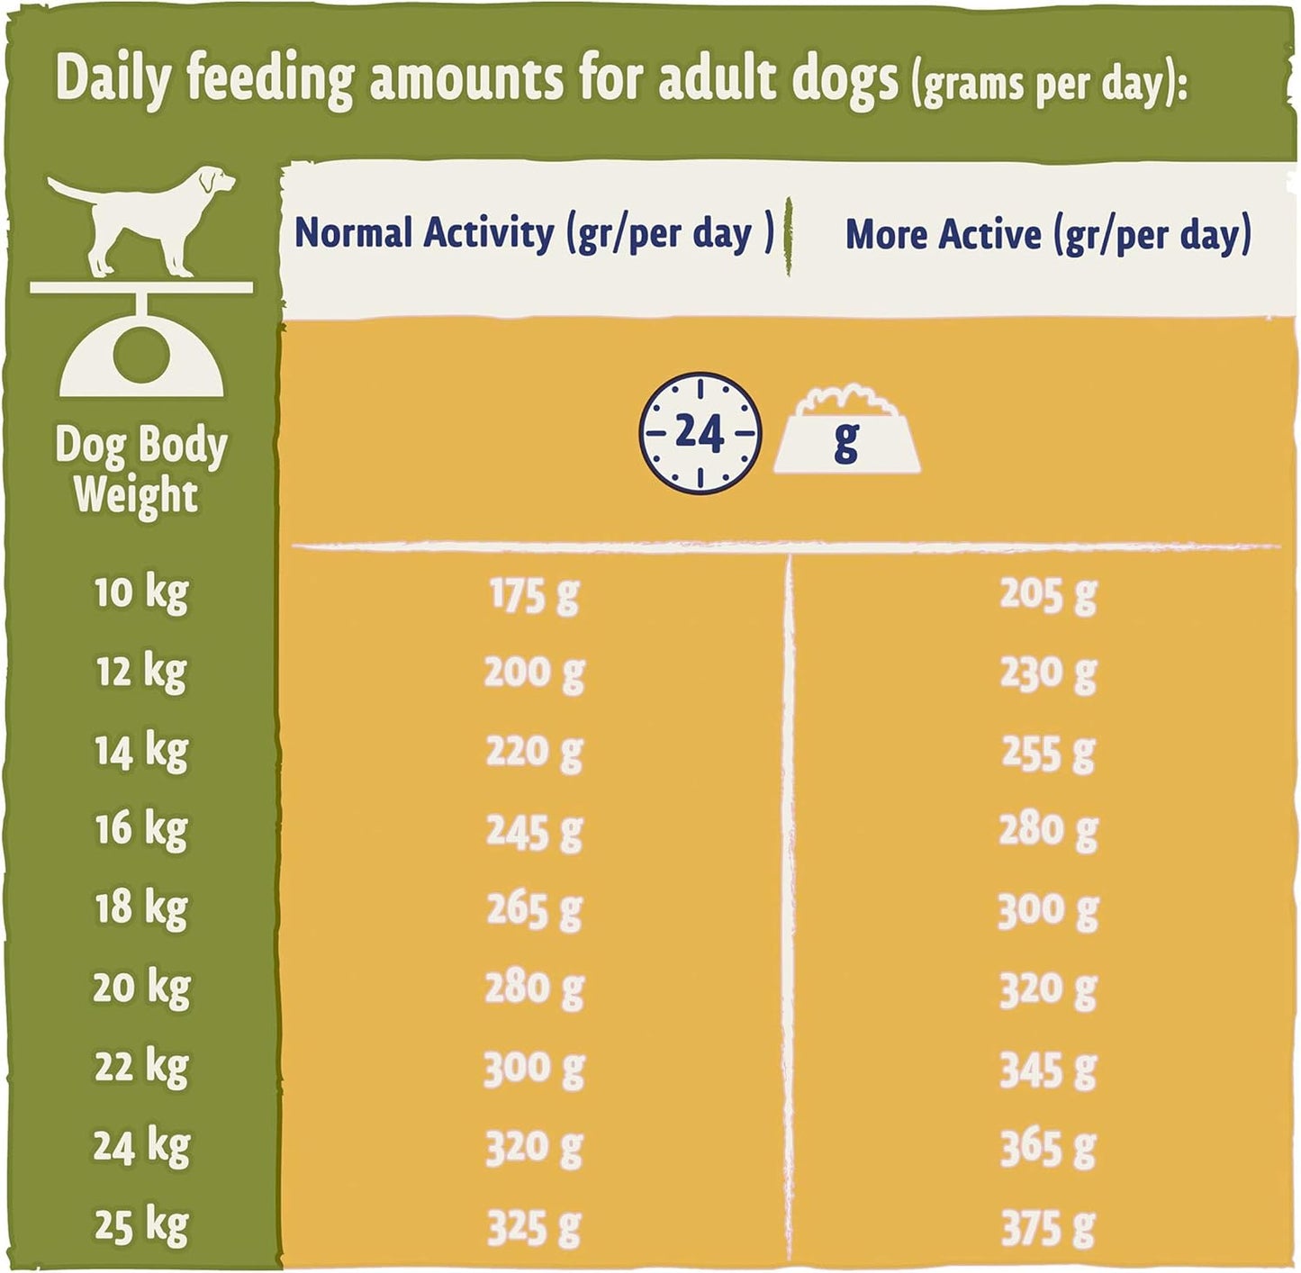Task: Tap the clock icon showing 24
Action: (x=700, y=433)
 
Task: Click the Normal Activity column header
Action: (x=534, y=235)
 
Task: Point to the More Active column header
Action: (x=1048, y=235)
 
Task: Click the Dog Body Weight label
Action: (x=141, y=471)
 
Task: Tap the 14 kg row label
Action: (x=141, y=752)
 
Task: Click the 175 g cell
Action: (x=534, y=595)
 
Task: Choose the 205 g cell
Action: (x=1048, y=594)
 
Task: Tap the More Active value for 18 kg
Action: (x=1048, y=910)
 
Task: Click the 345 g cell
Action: (x=1048, y=1070)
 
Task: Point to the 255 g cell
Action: (x=1048, y=753)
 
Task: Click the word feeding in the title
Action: (x=269, y=79)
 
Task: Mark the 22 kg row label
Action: (x=141, y=1068)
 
